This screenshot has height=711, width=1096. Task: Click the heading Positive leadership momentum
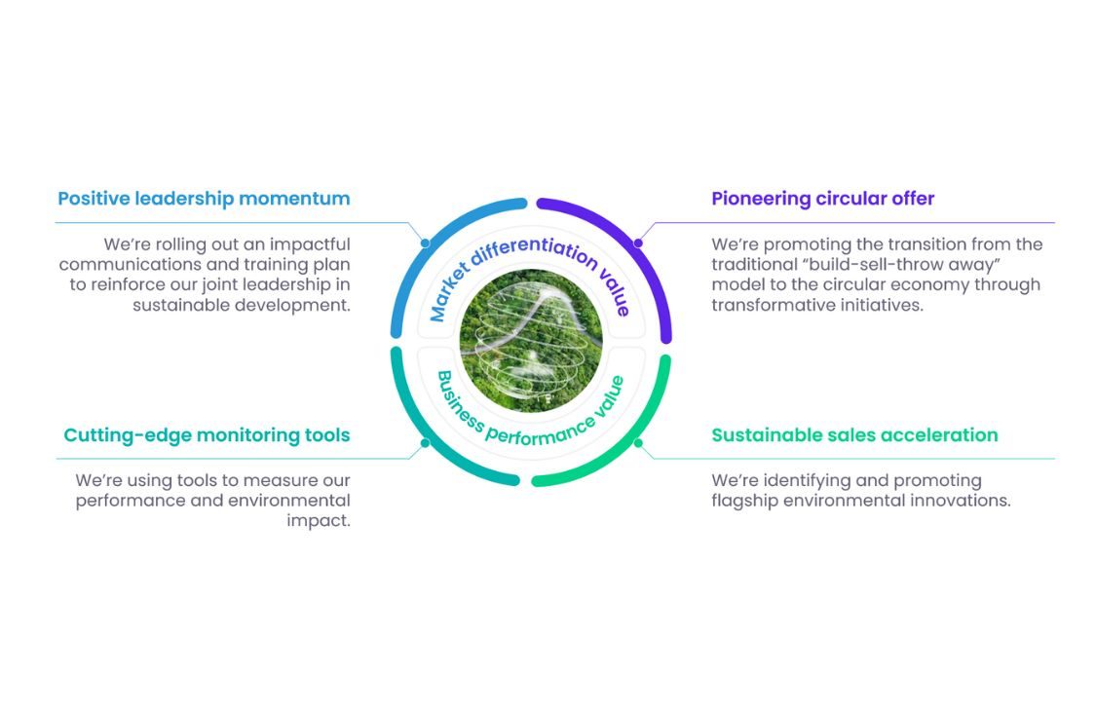click(204, 199)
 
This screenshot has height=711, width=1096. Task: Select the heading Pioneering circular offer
click(822, 199)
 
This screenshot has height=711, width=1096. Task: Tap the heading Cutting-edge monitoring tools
click(207, 435)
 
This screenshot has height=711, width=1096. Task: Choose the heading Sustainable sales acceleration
click(854, 435)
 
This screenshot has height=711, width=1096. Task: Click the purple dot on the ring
click(638, 243)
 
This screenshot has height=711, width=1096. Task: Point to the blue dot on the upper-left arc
click(425, 243)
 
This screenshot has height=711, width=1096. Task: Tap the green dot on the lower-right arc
click(638, 442)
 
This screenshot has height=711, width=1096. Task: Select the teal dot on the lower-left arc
click(425, 443)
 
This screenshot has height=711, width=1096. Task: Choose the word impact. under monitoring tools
click(319, 521)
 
